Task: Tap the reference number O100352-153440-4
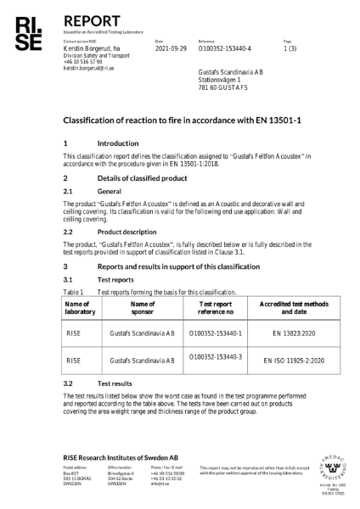coord(225,49)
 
